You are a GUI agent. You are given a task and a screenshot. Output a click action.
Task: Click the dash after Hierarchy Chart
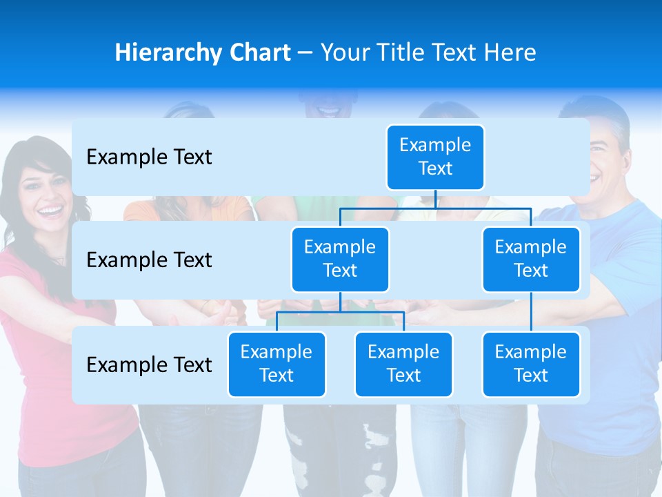[x=305, y=53]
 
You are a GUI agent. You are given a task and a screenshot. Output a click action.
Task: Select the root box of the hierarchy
[x=435, y=157]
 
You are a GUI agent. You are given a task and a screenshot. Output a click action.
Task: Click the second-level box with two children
[x=340, y=259]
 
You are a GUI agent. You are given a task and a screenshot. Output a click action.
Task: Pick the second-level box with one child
[x=531, y=259]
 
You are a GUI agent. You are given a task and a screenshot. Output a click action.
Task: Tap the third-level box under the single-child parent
[x=531, y=364]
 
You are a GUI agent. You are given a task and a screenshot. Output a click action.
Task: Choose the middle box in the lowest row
[x=403, y=364]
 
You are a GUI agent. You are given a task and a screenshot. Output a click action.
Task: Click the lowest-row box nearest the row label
[x=277, y=364]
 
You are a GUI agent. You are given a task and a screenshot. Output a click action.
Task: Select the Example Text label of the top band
[x=149, y=157]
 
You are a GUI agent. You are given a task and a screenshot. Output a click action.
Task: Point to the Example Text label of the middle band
[x=149, y=260]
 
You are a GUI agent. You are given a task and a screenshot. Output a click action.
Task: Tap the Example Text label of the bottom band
[x=149, y=364]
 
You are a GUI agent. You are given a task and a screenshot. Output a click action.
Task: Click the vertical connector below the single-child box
[x=531, y=311]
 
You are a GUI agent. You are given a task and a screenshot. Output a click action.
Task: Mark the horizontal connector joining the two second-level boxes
[x=435, y=208]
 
